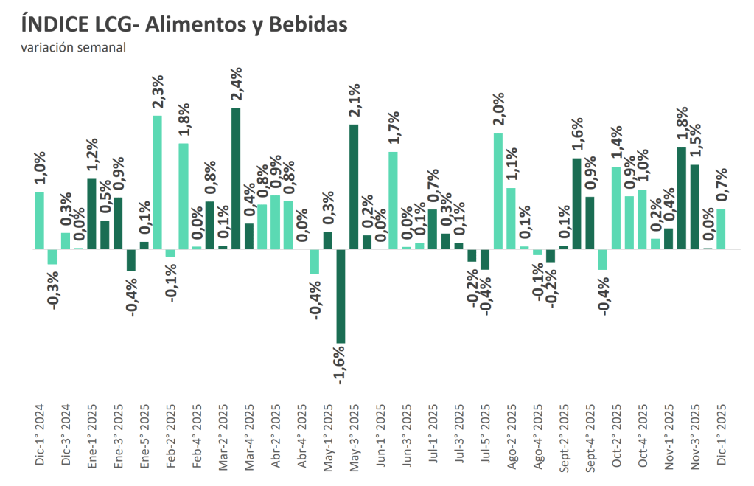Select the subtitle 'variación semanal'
[x=73, y=48]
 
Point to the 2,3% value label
[x=157, y=91]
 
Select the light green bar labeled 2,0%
[x=498, y=191]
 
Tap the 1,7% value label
[x=393, y=127]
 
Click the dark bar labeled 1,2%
[x=91, y=214]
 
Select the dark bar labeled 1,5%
[x=694, y=206]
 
